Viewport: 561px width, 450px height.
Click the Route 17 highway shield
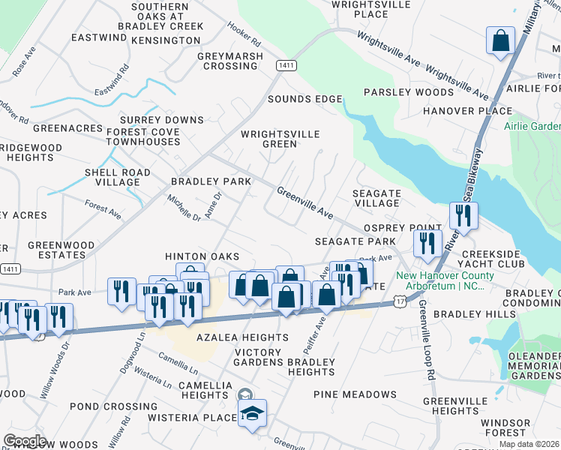[x=399, y=300]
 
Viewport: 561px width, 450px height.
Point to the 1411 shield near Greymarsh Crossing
[x=284, y=66]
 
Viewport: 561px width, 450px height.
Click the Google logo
[x=25, y=441]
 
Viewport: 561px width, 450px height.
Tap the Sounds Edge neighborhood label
[x=304, y=99]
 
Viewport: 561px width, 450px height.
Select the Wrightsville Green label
[x=280, y=139]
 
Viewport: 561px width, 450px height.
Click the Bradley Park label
[x=211, y=181]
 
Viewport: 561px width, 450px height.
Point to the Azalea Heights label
[x=231, y=337]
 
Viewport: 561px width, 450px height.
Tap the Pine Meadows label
[x=355, y=394]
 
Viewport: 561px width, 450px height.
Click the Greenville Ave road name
[x=304, y=203]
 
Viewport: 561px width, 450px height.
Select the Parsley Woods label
[x=408, y=92]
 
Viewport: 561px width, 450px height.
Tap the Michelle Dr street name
[x=184, y=207]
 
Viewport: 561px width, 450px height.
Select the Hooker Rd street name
[x=243, y=36]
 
